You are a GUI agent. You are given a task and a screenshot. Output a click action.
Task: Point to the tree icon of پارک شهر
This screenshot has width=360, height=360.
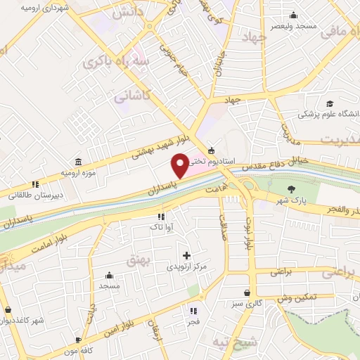(291, 188)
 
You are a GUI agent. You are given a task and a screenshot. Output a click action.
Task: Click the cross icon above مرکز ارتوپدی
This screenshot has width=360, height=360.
(186, 256)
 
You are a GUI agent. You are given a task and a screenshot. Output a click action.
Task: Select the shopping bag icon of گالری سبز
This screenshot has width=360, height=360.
(247, 293)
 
